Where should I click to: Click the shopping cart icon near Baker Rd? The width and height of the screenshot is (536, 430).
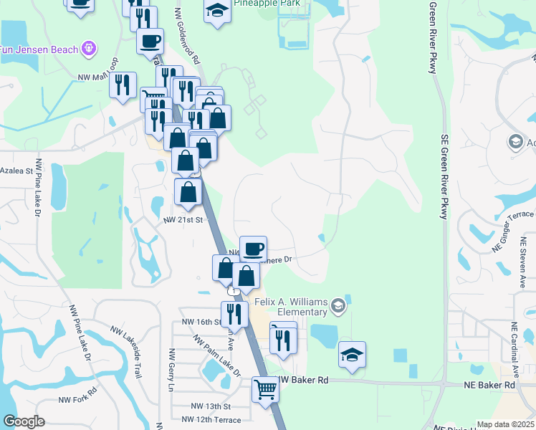click(x=265, y=390)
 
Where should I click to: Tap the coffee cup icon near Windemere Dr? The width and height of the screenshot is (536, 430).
click(x=253, y=249)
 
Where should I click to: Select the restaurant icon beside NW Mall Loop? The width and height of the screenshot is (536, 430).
click(x=123, y=85)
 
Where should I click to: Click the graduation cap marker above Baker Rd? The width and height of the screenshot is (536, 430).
click(x=352, y=355)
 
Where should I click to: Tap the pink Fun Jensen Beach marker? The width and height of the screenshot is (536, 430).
click(x=88, y=49)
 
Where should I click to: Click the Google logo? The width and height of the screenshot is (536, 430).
click(x=24, y=421)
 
